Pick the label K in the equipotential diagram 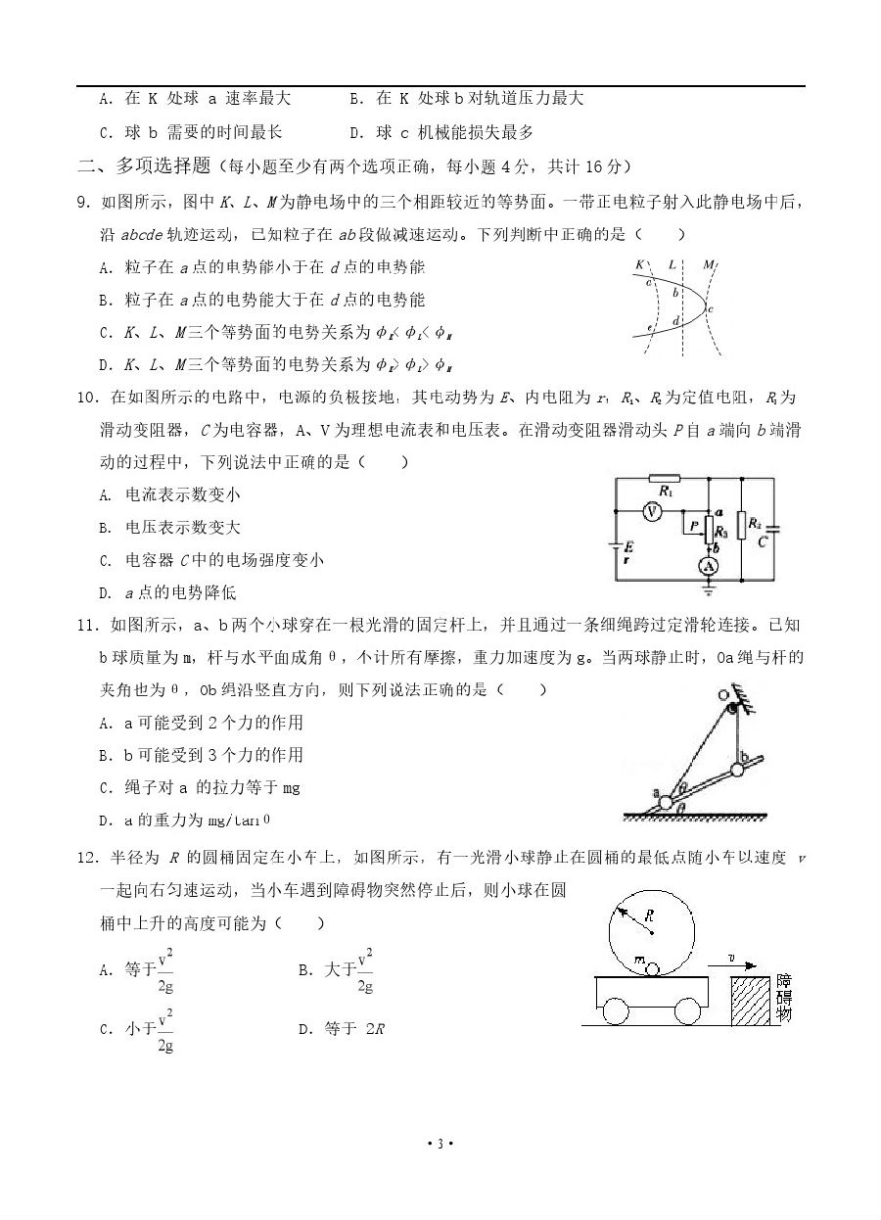tap(639, 264)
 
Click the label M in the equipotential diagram tap(709, 264)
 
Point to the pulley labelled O tap(725, 697)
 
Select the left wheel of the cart tap(616, 1010)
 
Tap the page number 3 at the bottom tap(440, 1144)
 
